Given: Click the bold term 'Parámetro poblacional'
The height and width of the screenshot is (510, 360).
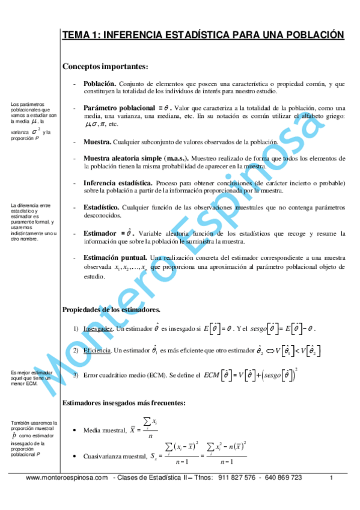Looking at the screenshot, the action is pos(120,108).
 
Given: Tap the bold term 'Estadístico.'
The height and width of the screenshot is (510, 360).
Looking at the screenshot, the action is pos(101,207).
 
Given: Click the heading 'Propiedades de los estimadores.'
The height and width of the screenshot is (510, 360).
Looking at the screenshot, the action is pos(111,310).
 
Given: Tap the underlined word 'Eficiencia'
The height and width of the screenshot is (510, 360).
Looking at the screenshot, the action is pos(97,350).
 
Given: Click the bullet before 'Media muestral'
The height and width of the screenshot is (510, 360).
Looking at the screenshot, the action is pos(73,430).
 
